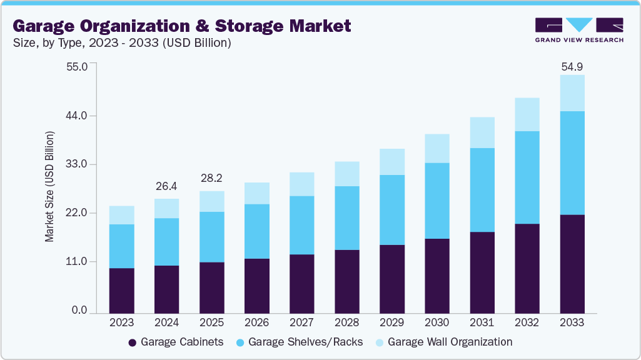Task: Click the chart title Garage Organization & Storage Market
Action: click(182, 26)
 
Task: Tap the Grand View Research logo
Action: click(579, 29)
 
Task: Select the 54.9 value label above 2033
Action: click(572, 66)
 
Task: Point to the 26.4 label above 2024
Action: click(166, 186)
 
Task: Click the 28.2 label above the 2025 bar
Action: click(211, 178)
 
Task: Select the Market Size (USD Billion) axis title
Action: click(49, 187)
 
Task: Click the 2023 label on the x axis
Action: click(121, 323)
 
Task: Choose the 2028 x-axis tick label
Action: click(346, 323)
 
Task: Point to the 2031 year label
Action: click(482, 323)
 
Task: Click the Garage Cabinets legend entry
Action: click(176, 342)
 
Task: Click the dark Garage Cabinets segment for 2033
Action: click(572, 264)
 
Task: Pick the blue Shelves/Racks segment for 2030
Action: click(437, 201)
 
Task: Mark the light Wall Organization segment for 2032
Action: click(527, 114)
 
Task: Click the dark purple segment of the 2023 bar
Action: click(121, 291)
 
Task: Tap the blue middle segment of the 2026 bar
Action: click(256, 231)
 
